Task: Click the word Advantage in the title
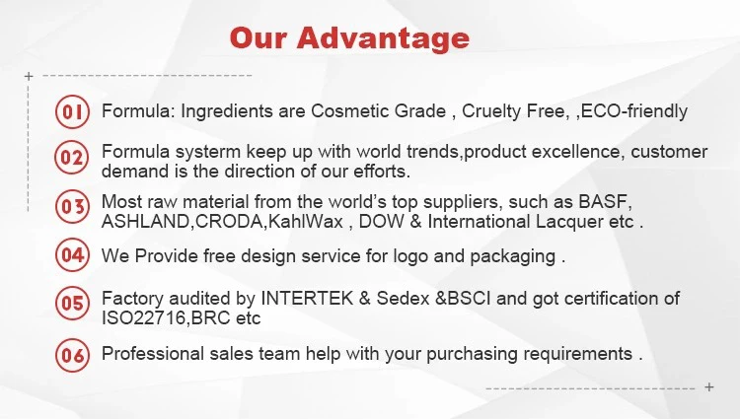[383, 38]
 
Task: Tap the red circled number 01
[72, 111]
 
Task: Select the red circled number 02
[72, 157]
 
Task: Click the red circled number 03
[72, 206]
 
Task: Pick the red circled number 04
[72, 255]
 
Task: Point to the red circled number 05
[72, 303]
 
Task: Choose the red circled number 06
[72, 355]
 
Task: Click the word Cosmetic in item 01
[349, 111]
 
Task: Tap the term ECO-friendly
[633, 111]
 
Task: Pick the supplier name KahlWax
[305, 222]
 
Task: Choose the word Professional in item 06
[152, 354]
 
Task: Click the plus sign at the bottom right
[708, 386]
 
